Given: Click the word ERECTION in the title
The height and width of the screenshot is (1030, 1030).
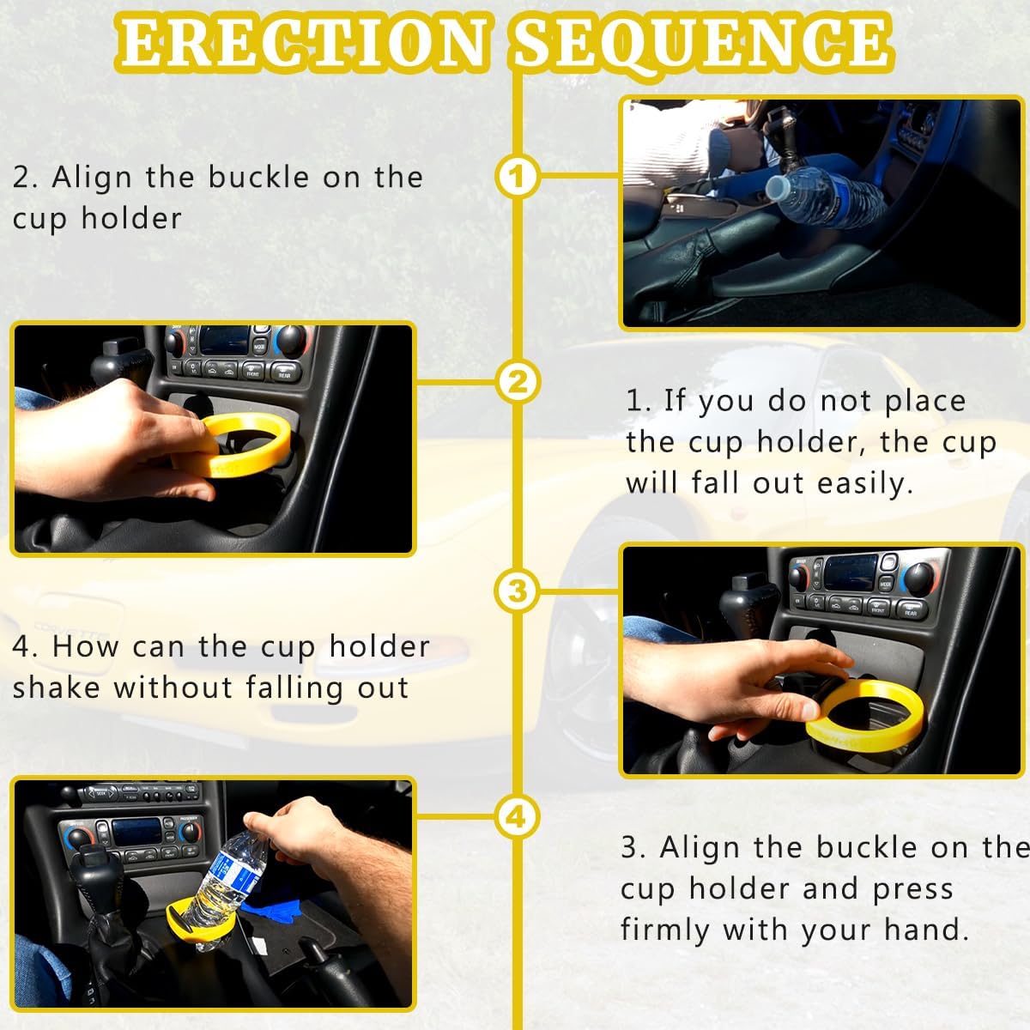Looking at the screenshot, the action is click(302, 43).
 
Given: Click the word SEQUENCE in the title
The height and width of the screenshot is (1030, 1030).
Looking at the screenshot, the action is click(702, 45).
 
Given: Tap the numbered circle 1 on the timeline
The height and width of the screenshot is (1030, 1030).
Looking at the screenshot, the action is click(517, 176).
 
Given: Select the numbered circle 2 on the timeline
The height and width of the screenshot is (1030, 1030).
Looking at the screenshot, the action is click(517, 382).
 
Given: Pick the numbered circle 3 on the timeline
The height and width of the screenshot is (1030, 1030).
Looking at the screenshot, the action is click(517, 591).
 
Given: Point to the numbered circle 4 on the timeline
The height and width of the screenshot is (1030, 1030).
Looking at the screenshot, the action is click(517, 817).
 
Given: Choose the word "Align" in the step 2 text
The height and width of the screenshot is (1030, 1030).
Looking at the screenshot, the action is click(91, 178).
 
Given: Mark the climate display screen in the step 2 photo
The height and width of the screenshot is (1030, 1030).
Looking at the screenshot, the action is click(225, 340).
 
